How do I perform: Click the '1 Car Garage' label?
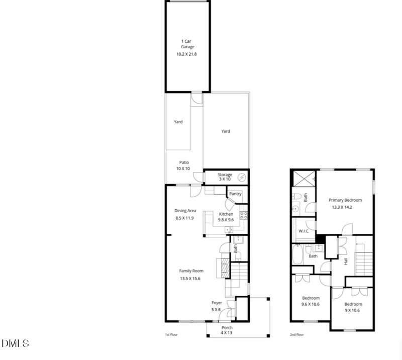pos(187,44)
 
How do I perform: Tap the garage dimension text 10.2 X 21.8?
pos(187,54)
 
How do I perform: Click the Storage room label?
pos(225,174)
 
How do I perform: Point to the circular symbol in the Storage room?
pos(242,177)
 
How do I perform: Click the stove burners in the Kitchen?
pos(244,215)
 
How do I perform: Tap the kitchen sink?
pos(229,229)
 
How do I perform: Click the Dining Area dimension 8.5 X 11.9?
pos(185,218)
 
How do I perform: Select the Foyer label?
pos(217,303)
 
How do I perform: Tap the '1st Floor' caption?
pos(171,334)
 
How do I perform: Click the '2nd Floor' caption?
pos(296,334)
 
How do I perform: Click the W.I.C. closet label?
pos(303,231)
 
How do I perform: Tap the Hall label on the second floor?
pos(346,261)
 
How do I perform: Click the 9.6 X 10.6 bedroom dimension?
pos(310,304)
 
